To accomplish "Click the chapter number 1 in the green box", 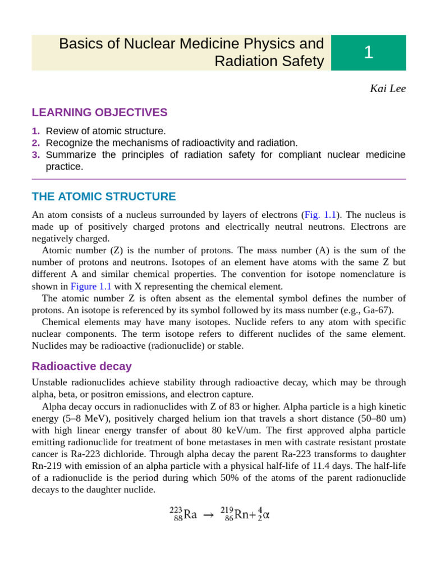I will tap(368, 52).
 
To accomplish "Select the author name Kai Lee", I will tap(387, 89).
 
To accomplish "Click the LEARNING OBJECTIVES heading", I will tap(99, 112).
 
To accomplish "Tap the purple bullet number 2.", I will tap(36, 143).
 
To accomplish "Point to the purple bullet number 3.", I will tap(36, 154).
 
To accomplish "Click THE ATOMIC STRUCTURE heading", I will tap(104, 197).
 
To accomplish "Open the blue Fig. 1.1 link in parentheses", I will tap(320, 215).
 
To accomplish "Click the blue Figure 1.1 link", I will tap(90, 286).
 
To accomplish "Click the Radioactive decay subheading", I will tap(81, 366).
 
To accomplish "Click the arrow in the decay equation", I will tap(208, 515).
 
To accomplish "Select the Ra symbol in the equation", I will tap(190, 514).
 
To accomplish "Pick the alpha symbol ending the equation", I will tap(265, 514).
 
